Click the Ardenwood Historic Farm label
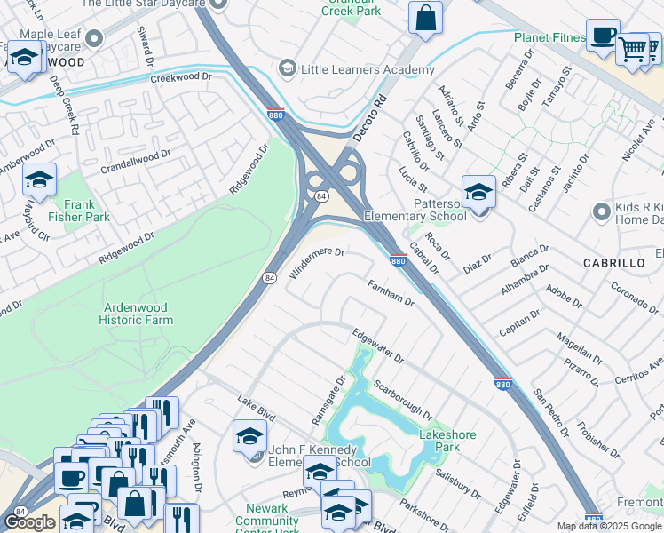click(135, 314)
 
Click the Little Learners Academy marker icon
click(287, 68)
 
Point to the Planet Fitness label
click(549, 37)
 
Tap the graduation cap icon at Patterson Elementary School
click(478, 192)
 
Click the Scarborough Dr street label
click(402, 401)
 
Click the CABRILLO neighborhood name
click(613, 264)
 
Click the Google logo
click(29, 522)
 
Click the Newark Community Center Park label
click(266, 515)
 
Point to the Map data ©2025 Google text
click(610, 526)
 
